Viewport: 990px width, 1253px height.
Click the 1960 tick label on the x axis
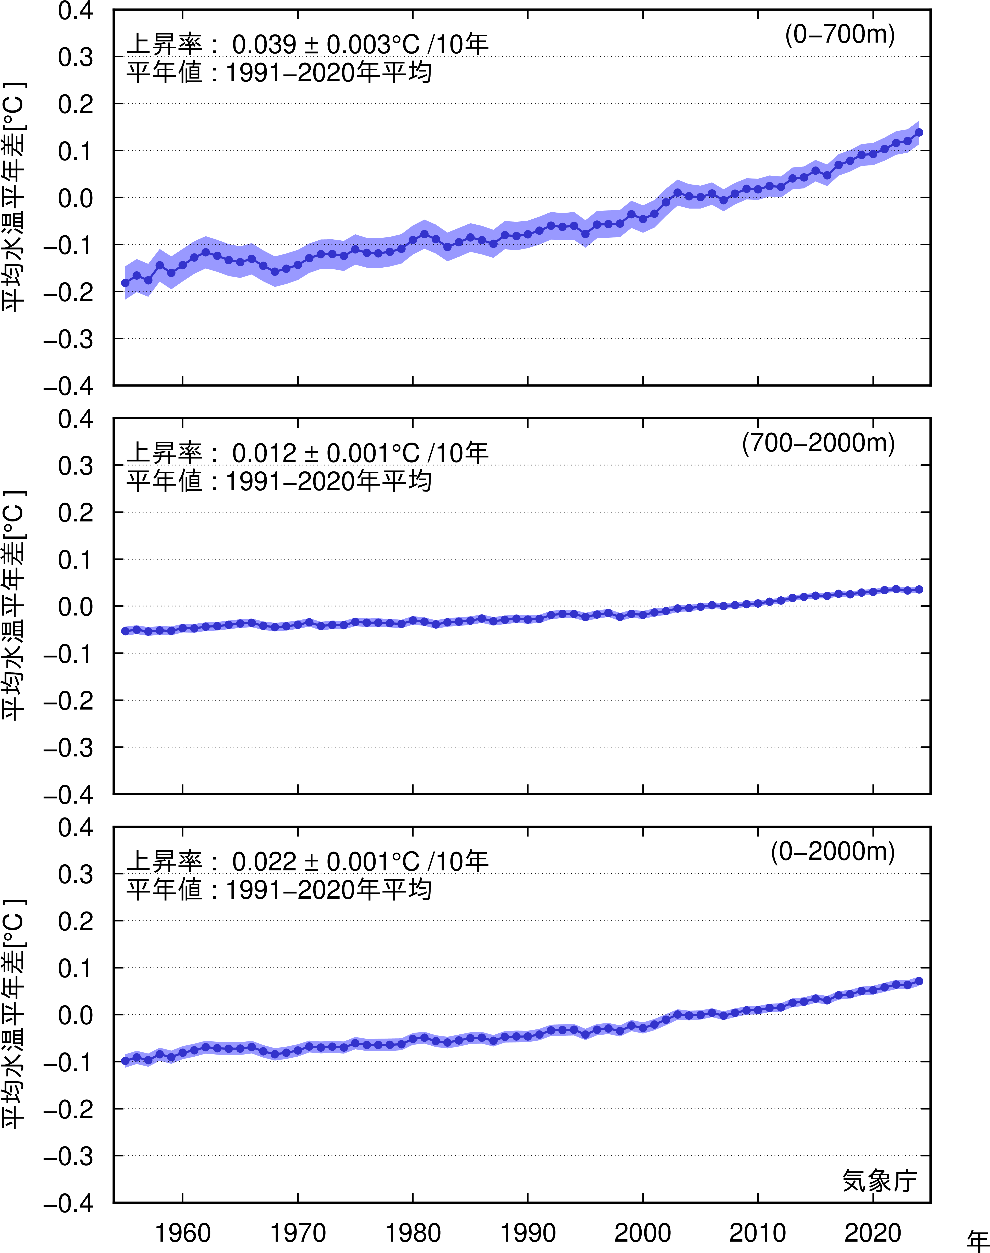183,1232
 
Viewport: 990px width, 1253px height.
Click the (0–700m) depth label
840,35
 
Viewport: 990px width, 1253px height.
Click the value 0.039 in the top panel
264,45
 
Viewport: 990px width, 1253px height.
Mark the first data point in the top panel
125,283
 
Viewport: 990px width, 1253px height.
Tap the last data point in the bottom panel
919,981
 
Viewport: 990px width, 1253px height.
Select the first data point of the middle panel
125,631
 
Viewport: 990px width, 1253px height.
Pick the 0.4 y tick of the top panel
75,10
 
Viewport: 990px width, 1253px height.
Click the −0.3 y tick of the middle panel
68,748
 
